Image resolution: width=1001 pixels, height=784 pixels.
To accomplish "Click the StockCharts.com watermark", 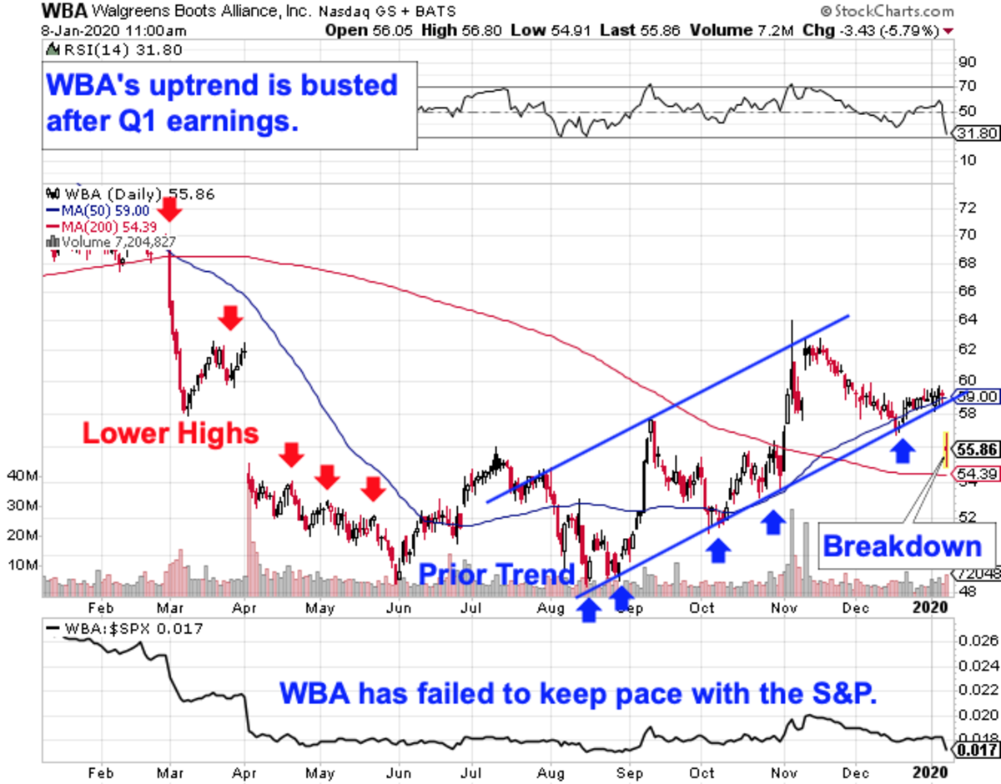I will (886, 12).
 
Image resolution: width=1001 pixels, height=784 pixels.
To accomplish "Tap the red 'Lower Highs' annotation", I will (169, 433).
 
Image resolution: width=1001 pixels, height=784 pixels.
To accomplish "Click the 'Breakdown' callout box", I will (903, 546).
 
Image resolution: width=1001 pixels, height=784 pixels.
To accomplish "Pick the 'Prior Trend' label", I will (495, 575).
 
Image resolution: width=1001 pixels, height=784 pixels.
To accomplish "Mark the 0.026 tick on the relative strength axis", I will (976, 641).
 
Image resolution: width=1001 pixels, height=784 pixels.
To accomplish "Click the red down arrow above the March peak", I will (169, 209).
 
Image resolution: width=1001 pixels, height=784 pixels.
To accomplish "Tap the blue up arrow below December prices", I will (902, 452).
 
